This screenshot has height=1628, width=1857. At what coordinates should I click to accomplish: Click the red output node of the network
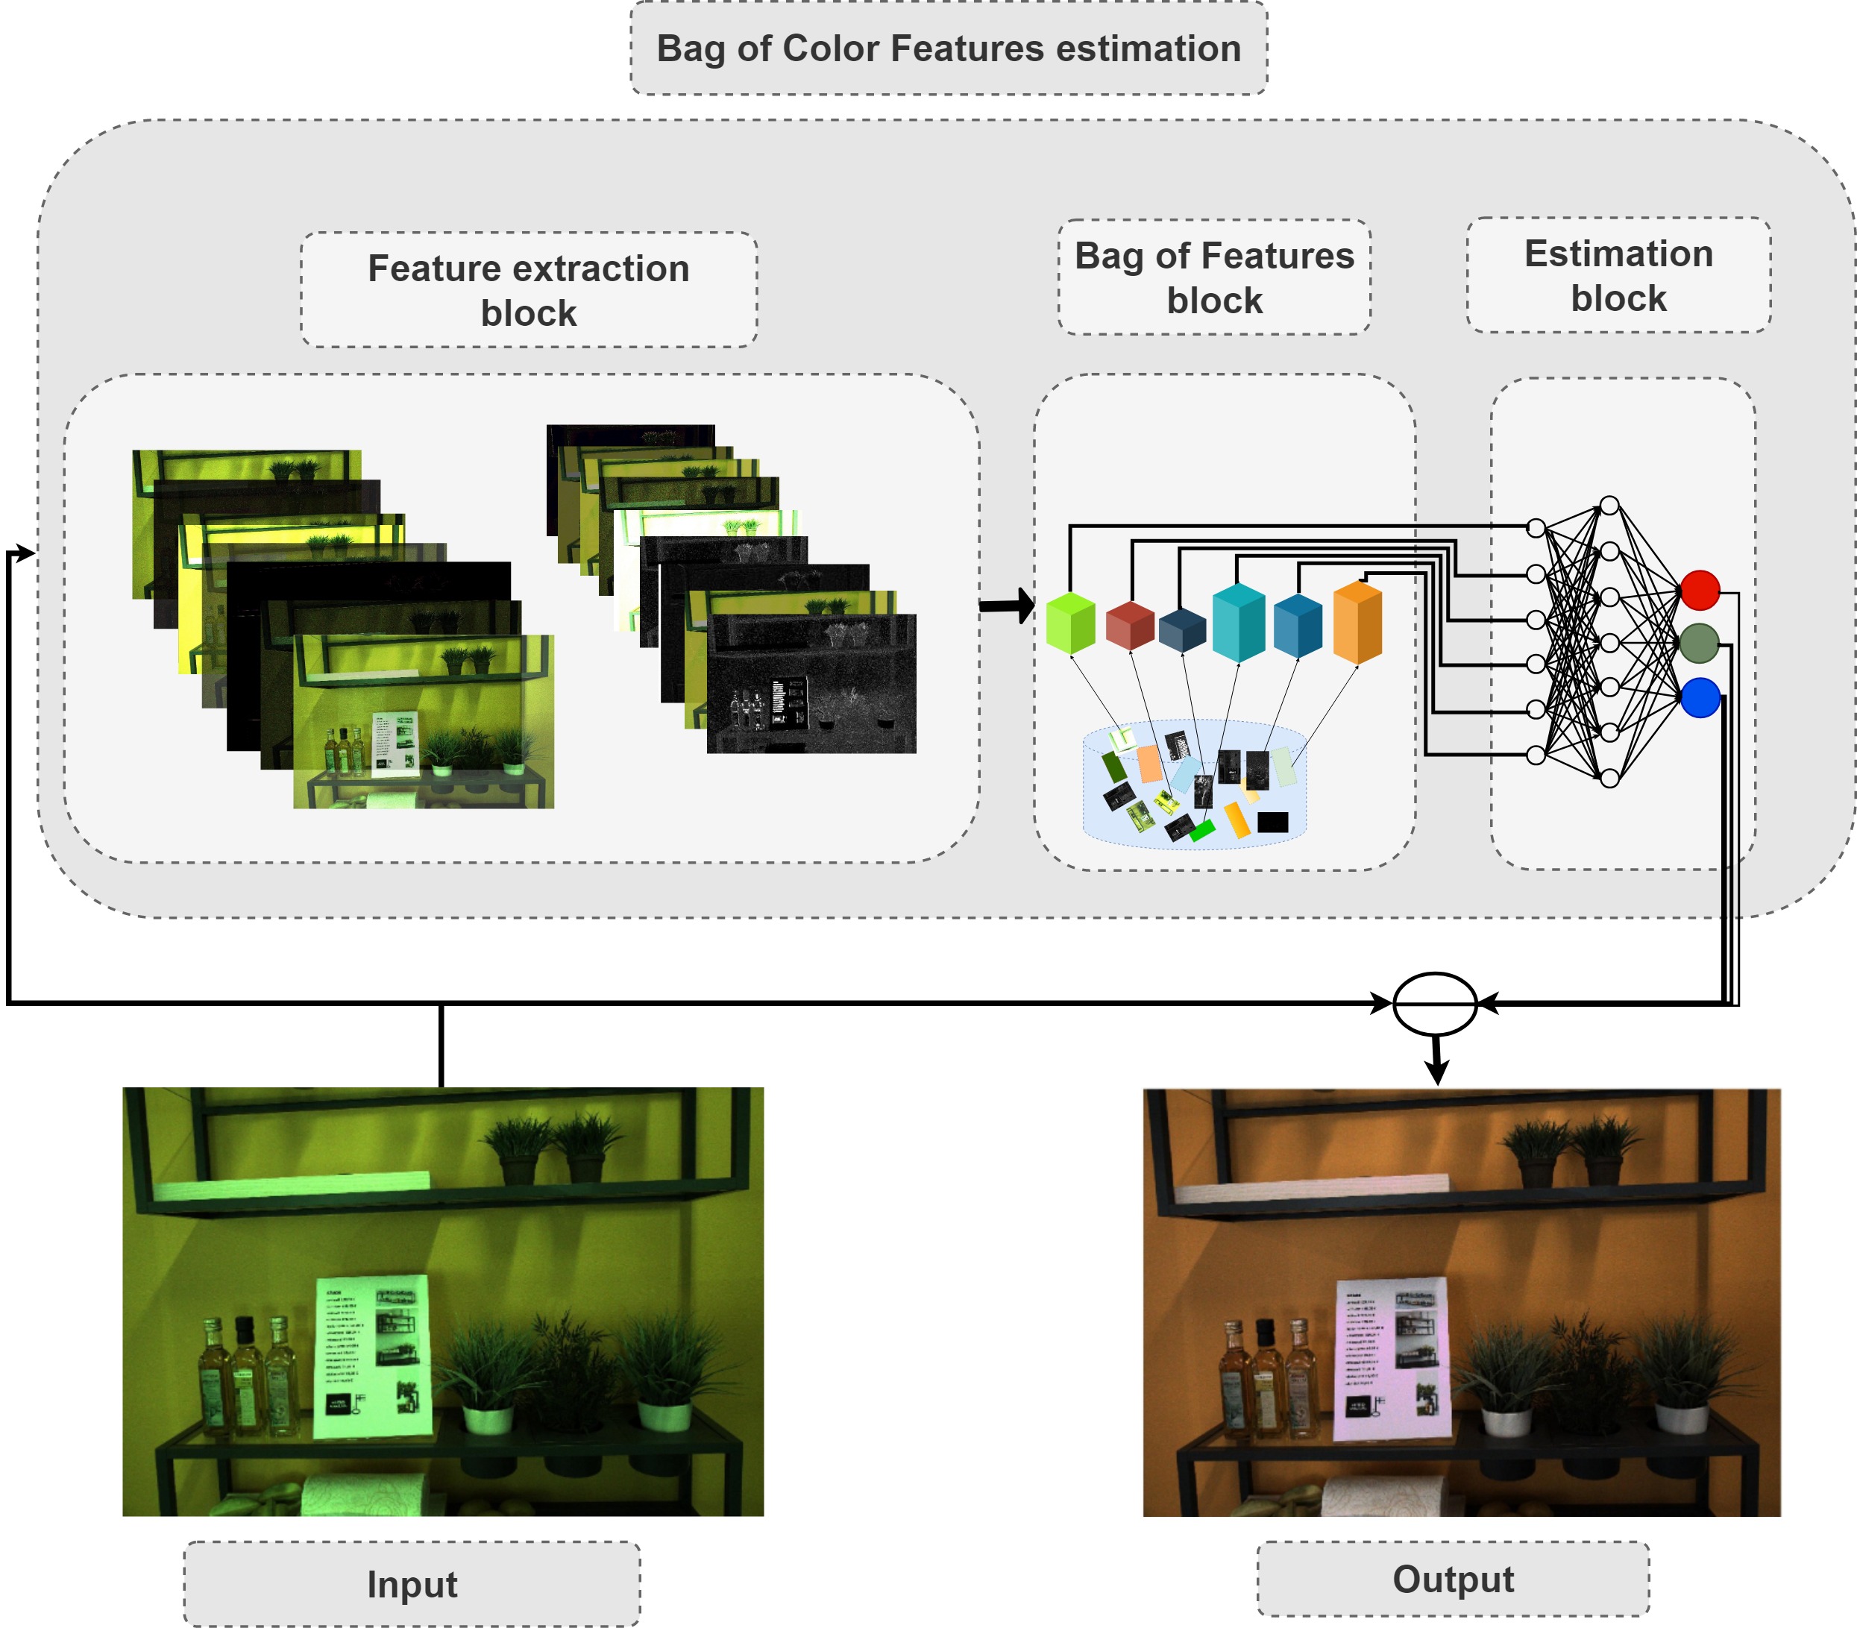[1700, 590]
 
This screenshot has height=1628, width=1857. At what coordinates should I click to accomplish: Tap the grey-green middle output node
[1699, 643]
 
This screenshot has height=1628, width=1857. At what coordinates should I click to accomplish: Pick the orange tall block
[1357, 621]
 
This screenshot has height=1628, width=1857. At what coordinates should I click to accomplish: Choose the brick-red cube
[1130, 625]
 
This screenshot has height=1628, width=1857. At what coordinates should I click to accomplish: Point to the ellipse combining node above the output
[1435, 1004]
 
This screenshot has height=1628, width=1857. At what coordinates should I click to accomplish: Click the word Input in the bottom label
[412, 1583]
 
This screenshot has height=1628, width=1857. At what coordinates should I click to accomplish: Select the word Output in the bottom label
[1453, 1579]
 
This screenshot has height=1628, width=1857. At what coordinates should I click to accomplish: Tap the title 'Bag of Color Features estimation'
[949, 48]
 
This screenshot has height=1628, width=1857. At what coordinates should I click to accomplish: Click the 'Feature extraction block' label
[529, 290]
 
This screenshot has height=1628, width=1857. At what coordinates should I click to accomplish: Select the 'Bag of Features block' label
[1214, 277]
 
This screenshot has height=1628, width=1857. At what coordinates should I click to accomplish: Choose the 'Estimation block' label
[1618, 275]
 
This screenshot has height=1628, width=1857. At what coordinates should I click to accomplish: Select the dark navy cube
[1182, 629]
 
